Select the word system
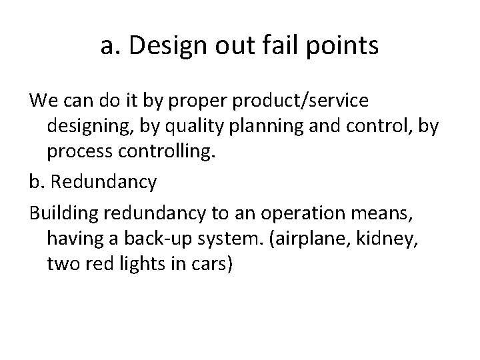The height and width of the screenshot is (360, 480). click(x=251, y=239)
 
